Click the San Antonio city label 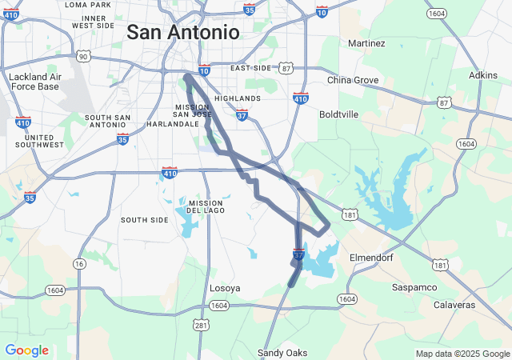pos(183,33)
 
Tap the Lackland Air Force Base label pos(34,82)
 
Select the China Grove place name pos(353,80)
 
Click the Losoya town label pos(225,288)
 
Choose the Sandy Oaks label pos(282,353)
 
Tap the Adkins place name pos(483,75)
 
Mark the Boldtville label pos(338,114)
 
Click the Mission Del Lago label pos(206,207)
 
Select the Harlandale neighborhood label pos(173,124)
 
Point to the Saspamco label pos(414,286)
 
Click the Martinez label pos(367,42)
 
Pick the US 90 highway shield pos(82,57)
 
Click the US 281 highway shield pos(201,324)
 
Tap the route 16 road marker pos(78,263)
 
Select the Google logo pos(26,350)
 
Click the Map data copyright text pos(462,354)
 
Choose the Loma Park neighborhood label pos(88,5)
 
